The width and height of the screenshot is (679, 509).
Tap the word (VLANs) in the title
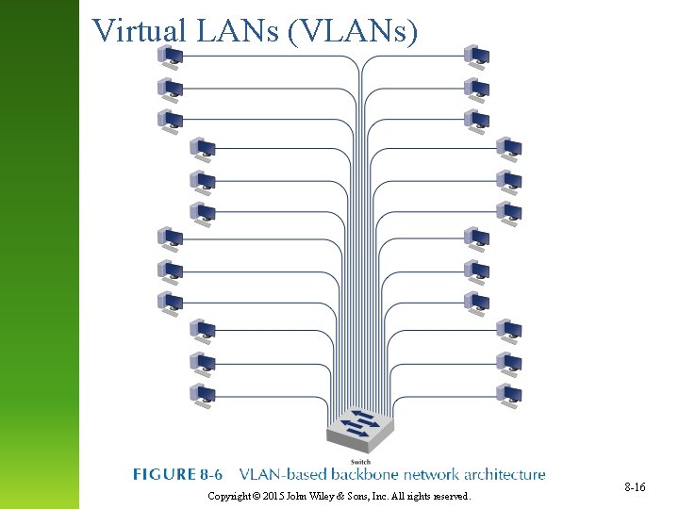[353, 31]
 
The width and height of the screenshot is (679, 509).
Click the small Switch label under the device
[360, 462]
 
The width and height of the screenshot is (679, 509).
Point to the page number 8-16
[635, 486]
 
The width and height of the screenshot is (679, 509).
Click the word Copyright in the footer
[229, 496]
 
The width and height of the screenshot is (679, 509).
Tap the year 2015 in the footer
[275, 496]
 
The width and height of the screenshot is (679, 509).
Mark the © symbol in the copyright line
[257, 496]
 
